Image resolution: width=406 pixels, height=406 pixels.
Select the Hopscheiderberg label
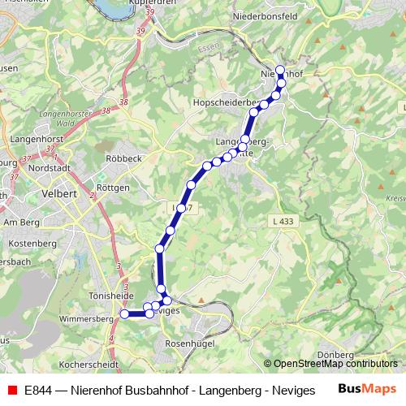click(x=225, y=103)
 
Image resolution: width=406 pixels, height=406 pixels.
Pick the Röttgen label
click(x=113, y=187)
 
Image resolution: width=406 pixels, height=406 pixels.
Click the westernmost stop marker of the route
click(x=124, y=313)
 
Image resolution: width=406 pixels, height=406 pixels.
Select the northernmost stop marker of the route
click(x=280, y=70)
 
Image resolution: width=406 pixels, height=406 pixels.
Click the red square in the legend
click(x=12, y=389)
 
